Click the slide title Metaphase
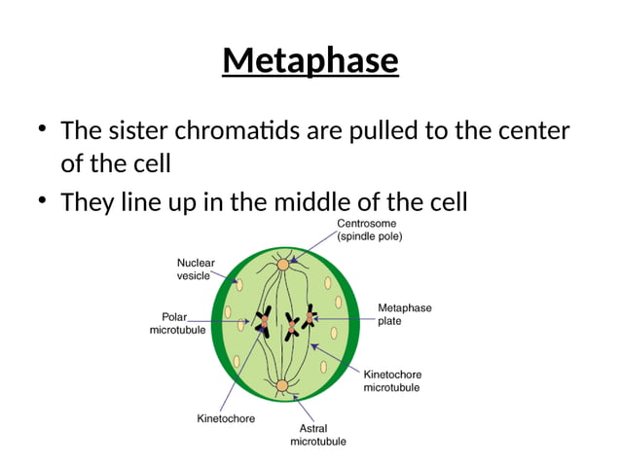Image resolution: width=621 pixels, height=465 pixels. [x=310, y=60]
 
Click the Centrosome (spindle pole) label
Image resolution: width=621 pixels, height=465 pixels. [x=369, y=230]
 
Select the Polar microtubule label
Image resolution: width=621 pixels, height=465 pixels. [x=177, y=323]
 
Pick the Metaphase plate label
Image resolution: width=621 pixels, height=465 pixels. [x=404, y=314]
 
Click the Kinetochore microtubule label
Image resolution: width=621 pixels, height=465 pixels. [x=391, y=380]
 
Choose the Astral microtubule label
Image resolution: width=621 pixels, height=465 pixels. [x=317, y=435]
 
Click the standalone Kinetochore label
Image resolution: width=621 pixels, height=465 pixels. [x=226, y=418]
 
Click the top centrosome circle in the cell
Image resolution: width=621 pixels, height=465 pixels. [x=283, y=264]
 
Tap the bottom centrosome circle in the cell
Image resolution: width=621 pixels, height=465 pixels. [x=282, y=386]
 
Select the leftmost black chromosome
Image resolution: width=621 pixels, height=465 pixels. [x=262, y=321]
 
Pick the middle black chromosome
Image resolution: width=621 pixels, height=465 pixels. [x=291, y=325]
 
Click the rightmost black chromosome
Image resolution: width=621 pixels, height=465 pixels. [x=309, y=317]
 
